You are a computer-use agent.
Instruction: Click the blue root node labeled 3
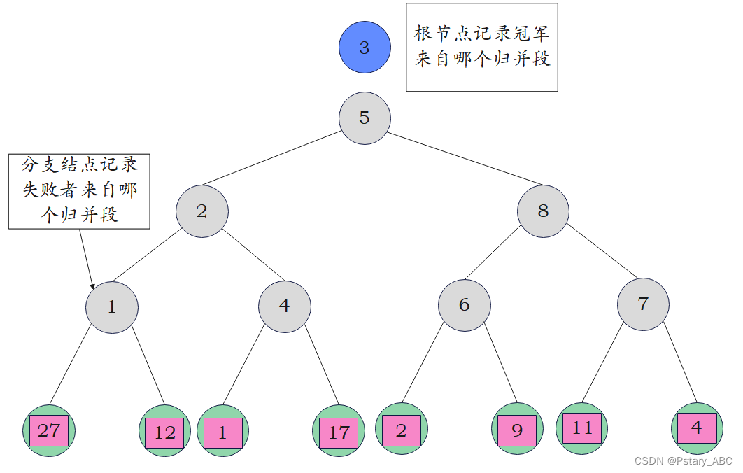[x=365, y=48]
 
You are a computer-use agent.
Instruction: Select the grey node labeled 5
[x=365, y=118]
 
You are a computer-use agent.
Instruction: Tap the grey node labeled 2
[x=202, y=211]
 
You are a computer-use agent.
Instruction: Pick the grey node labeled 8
[x=543, y=211]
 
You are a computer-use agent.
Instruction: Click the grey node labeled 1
[x=112, y=306]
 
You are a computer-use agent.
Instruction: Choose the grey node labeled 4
[x=284, y=306]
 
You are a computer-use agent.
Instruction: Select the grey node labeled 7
[x=643, y=304]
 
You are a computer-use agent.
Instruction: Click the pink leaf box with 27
[x=49, y=430]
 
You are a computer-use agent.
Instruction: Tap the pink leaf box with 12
[x=164, y=433]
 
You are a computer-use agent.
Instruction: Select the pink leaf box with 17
[x=339, y=432]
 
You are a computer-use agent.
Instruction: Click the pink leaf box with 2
[x=401, y=430]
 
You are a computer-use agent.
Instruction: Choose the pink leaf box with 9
[x=517, y=430]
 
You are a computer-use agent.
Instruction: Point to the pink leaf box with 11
[x=582, y=428]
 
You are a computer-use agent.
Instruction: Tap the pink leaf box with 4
[x=697, y=428]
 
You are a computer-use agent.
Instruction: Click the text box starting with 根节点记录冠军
[x=482, y=47]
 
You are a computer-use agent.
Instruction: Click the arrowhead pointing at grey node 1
[x=92, y=285]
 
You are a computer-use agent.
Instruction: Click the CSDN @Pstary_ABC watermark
[x=683, y=461]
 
